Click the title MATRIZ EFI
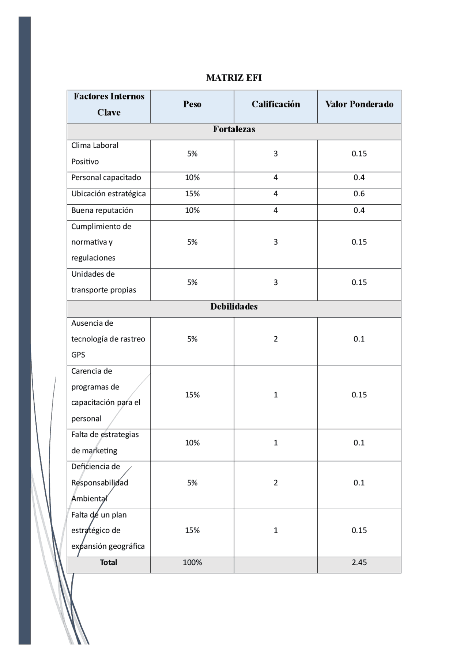coord(234,78)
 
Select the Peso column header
coord(192,105)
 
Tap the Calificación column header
coord(276,105)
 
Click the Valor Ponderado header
coord(359,105)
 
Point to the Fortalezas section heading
coord(234,129)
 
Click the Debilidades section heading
coord(234,307)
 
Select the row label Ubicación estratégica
coord(108,194)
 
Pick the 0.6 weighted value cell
coord(359,194)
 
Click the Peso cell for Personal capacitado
coord(192,178)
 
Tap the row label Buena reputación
coord(102,210)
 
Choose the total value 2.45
coord(359,562)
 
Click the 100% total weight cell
coord(192,562)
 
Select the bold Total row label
coord(109,562)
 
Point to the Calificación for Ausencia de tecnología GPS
coord(276,339)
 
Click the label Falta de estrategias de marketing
coord(105,442)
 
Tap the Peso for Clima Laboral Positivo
coord(192,154)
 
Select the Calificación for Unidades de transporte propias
coord(276,282)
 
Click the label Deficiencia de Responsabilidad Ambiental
coord(99,483)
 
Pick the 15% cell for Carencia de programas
coord(192,395)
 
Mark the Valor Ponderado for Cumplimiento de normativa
coord(359,242)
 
